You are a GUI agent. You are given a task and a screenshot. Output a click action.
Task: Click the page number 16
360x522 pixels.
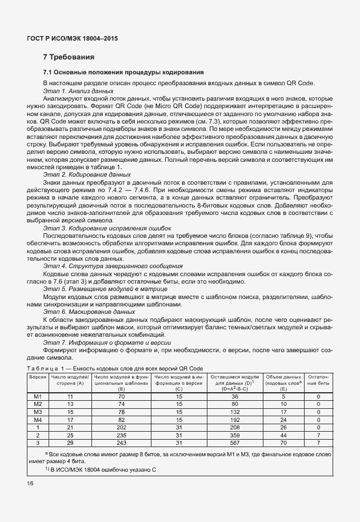[x=30, y=483]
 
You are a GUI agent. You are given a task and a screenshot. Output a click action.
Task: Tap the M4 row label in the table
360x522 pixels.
[x=38, y=419]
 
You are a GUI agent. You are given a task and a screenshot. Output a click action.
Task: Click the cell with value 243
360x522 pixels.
[x=121, y=442]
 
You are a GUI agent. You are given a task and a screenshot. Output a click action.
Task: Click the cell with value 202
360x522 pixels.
[x=121, y=427]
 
